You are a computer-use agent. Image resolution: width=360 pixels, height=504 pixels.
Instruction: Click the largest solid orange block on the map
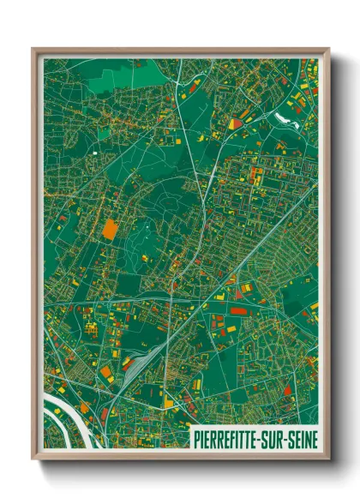click(110, 229)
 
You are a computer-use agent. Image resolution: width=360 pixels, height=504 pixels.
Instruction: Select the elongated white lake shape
click(285, 116)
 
